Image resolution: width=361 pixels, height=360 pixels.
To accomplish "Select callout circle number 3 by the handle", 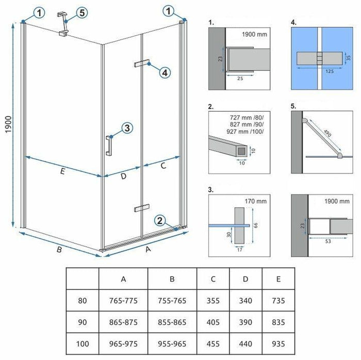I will pyautogui.click(x=127, y=128).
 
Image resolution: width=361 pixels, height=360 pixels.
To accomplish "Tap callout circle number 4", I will pyautogui.click(x=164, y=72).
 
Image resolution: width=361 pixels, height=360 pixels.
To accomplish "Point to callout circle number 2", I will pyautogui.click(x=160, y=221).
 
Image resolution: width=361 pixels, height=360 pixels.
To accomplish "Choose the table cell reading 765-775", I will pyautogui.click(x=123, y=300).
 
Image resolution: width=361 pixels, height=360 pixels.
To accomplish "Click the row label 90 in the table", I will pyautogui.click(x=82, y=322).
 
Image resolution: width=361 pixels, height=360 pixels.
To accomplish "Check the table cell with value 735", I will pyautogui.click(x=278, y=300).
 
